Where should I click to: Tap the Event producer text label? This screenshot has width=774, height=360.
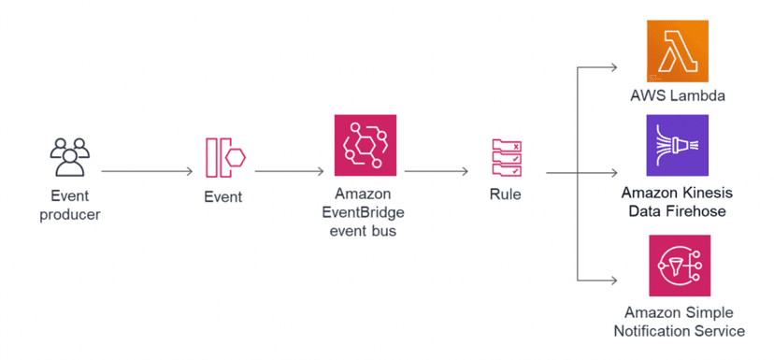click(x=70, y=206)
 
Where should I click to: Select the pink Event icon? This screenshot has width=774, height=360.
click(x=224, y=157)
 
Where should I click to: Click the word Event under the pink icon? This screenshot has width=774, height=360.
click(x=223, y=197)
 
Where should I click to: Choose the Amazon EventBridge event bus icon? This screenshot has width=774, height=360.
click(x=365, y=146)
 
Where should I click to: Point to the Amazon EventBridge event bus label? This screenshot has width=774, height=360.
click(x=365, y=212)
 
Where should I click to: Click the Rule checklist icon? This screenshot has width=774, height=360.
click(x=506, y=157)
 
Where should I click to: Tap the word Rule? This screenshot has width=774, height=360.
click(x=505, y=195)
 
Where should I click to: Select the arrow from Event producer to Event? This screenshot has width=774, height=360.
click(x=147, y=172)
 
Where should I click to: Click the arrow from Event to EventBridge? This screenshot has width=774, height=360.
click(x=289, y=172)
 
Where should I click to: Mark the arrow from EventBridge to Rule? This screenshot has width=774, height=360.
click(x=436, y=172)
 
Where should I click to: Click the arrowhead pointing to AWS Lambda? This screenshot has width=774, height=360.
click(x=612, y=67)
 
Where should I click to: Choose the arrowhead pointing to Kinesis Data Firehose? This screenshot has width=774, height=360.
click(x=612, y=172)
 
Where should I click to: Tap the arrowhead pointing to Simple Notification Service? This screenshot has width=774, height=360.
click(x=612, y=280)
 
